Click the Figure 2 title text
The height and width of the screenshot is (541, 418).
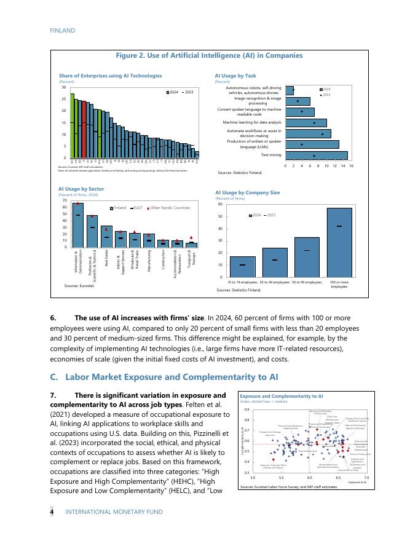click(x=209, y=55)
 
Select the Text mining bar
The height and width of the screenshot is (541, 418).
click(x=317, y=156)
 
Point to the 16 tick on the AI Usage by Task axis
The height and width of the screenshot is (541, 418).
click(x=351, y=166)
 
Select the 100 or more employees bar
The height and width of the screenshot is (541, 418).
click(x=339, y=242)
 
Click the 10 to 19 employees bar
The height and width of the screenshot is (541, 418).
click(x=242, y=267)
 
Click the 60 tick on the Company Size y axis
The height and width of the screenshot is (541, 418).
click(x=221, y=203)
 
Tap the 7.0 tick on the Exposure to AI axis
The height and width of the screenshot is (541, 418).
click(x=366, y=477)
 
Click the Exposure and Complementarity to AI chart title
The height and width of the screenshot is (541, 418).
click(x=282, y=397)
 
